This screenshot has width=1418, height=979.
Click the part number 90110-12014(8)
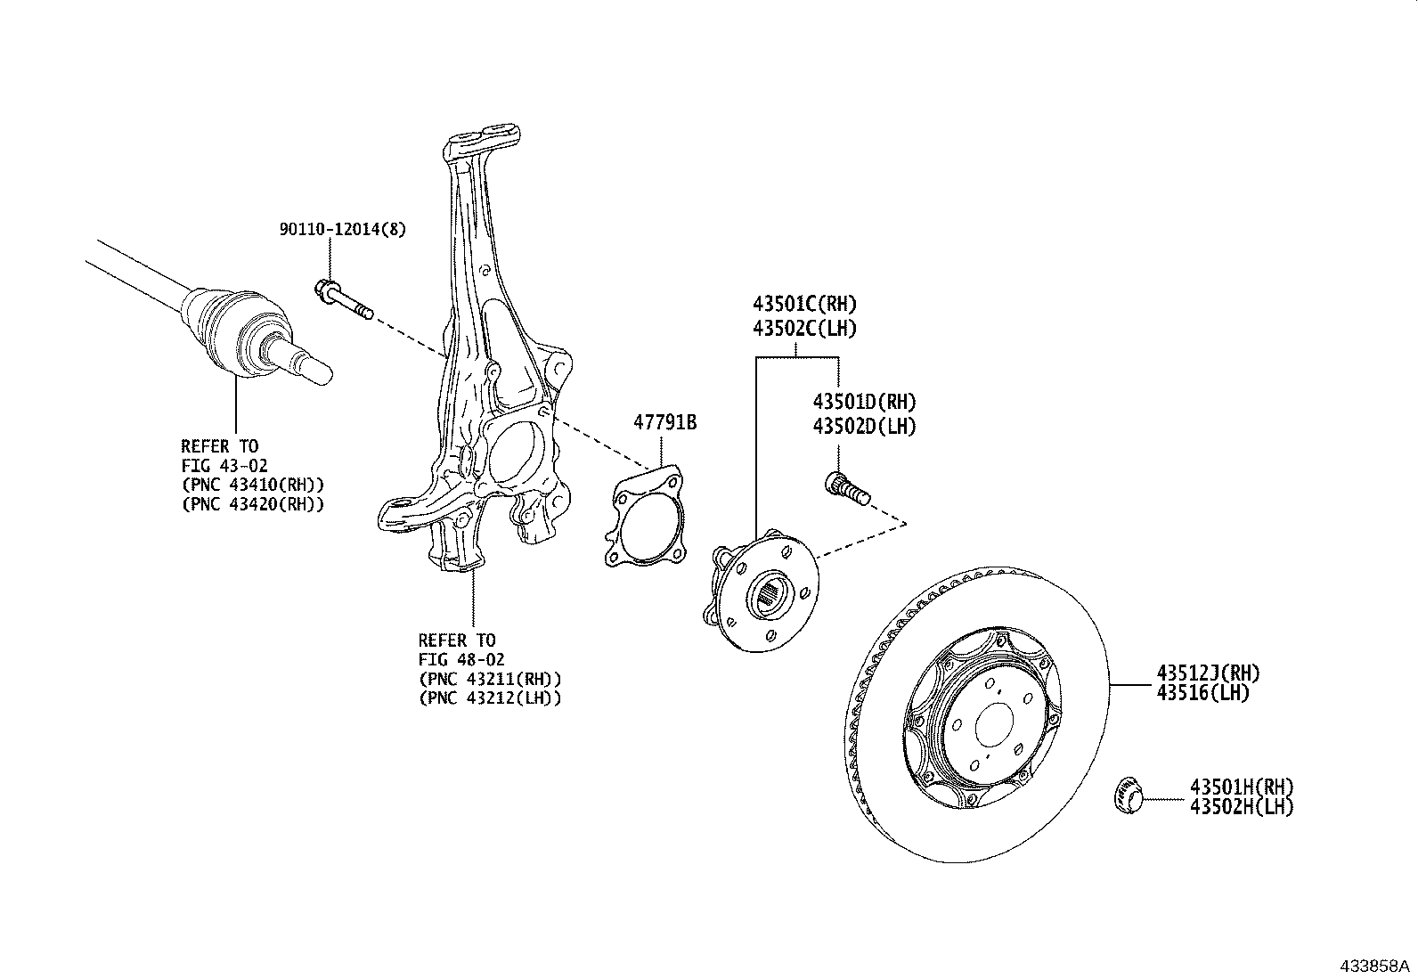click(342, 229)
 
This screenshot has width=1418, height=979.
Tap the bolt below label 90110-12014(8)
click(344, 299)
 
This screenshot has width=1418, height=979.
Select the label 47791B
click(664, 422)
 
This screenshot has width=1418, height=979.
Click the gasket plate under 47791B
click(646, 516)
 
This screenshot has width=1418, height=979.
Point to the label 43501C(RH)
click(804, 304)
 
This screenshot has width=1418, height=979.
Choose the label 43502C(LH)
click(804, 329)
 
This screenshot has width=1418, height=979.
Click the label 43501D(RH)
click(864, 402)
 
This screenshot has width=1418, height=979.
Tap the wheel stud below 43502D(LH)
click(848, 489)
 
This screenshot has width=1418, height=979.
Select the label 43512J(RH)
click(1208, 673)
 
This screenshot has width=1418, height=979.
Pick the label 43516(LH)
click(1202, 693)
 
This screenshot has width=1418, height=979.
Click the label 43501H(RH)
click(1242, 787)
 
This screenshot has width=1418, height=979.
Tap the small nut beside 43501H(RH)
click(1128, 795)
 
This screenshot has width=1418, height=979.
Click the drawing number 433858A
click(1374, 967)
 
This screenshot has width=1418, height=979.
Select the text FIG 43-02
click(224, 466)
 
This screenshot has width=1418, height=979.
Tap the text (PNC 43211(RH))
click(490, 679)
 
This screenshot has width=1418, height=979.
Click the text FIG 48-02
click(461, 660)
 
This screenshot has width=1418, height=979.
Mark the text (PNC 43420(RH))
click(253, 505)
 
